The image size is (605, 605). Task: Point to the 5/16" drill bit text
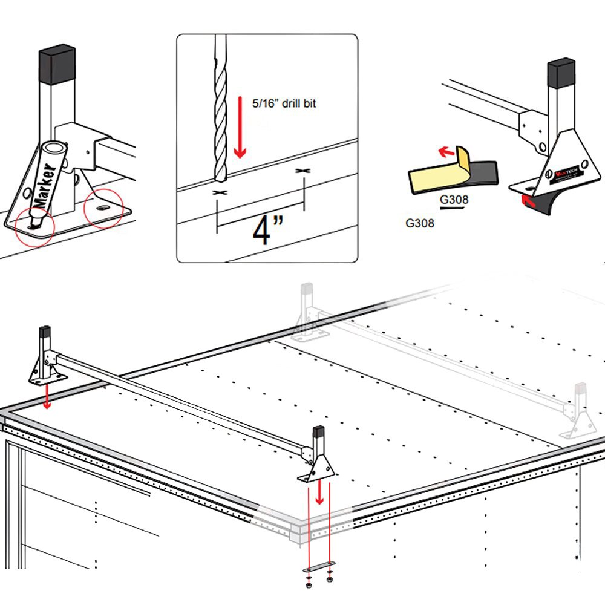[284, 104]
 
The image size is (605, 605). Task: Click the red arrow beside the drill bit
[240, 136]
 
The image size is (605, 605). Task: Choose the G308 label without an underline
[419, 223]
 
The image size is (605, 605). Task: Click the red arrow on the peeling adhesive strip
[446, 151]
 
